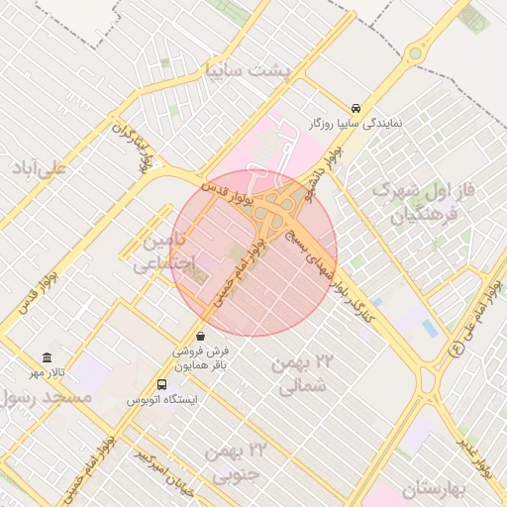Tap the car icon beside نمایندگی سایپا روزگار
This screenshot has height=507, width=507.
(x=355, y=108)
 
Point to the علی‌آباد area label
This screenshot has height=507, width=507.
(x=40, y=167)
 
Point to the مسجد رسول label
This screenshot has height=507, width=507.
(x=46, y=396)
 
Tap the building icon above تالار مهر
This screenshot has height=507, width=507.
(x=47, y=357)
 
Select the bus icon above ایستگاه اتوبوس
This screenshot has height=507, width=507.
(x=161, y=384)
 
